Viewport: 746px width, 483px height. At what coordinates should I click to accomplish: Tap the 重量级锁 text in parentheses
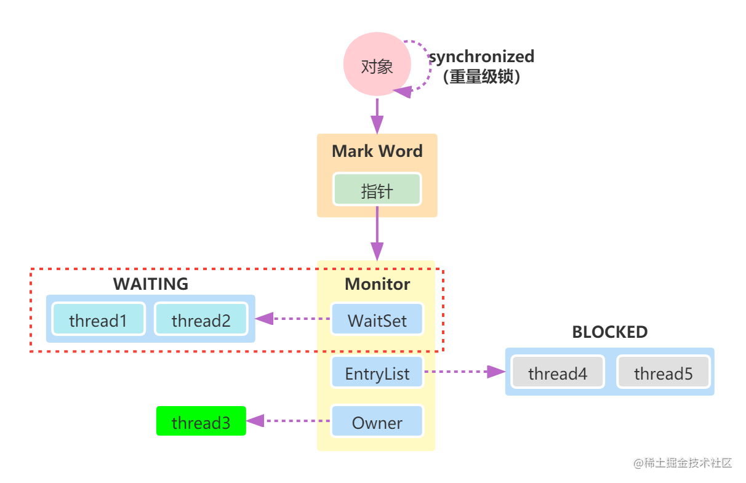click(x=482, y=77)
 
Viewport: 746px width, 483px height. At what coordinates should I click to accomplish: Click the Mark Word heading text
click(x=377, y=151)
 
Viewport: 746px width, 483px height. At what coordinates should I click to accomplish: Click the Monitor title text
click(x=377, y=284)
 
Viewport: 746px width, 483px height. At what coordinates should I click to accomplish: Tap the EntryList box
click(x=377, y=373)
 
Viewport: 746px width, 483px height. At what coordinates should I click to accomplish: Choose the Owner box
click(x=377, y=423)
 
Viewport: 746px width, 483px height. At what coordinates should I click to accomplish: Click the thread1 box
click(x=98, y=320)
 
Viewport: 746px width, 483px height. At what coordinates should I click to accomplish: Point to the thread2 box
click(x=201, y=320)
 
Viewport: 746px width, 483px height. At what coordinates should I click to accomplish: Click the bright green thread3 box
click(x=201, y=422)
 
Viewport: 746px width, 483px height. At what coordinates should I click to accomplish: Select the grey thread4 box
click(x=558, y=373)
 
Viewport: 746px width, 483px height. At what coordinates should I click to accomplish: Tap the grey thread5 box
click(x=663, y=373)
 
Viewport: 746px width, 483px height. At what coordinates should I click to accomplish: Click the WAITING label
click(x=150, y=284)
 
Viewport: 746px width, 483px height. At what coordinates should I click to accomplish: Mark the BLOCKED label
click(x=609, y=332)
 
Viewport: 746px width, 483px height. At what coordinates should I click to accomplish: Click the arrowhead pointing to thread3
click(x=256, y=421)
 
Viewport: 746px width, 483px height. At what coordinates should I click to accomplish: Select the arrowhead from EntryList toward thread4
click(x=495, y=372)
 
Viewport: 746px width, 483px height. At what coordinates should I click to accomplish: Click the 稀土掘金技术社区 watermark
click(x=682, y=461)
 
